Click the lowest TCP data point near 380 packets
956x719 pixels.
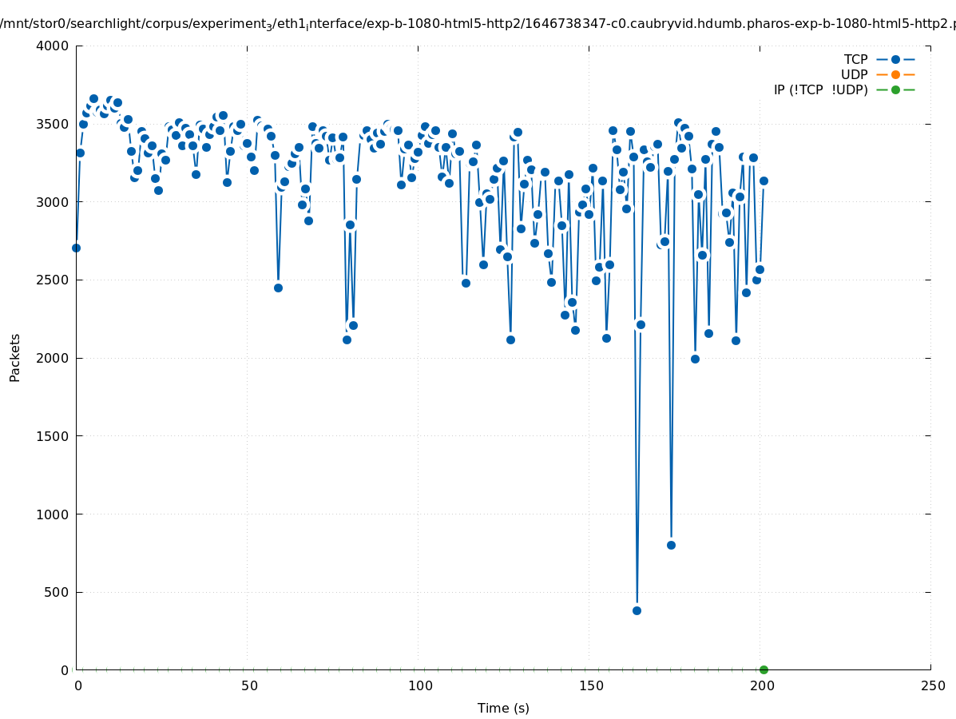click(637, 610)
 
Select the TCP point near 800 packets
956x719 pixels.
click(671, 545)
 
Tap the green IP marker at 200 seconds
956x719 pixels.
click(764, 669)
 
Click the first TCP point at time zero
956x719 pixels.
click(76, 248)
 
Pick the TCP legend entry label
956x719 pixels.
click(855, 60)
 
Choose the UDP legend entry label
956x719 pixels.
click(854, 75)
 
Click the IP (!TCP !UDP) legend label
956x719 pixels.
click(820, 90)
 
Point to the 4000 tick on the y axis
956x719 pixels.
click(54, 46)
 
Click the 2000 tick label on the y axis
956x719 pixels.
click(54, 359)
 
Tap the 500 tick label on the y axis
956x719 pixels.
click(58, 593)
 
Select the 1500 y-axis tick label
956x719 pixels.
click(54, 436)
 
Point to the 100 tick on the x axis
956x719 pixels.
click(419, 686)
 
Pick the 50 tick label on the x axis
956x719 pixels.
click(248, 686)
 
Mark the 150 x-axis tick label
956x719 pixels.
click(590, 686)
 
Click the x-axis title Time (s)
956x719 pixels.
click(503, 709)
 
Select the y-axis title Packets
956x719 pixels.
click(15, 357)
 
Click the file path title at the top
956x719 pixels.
click(478, 24)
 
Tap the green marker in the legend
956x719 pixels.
click(895, 90)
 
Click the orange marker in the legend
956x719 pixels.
click(895, 75)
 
